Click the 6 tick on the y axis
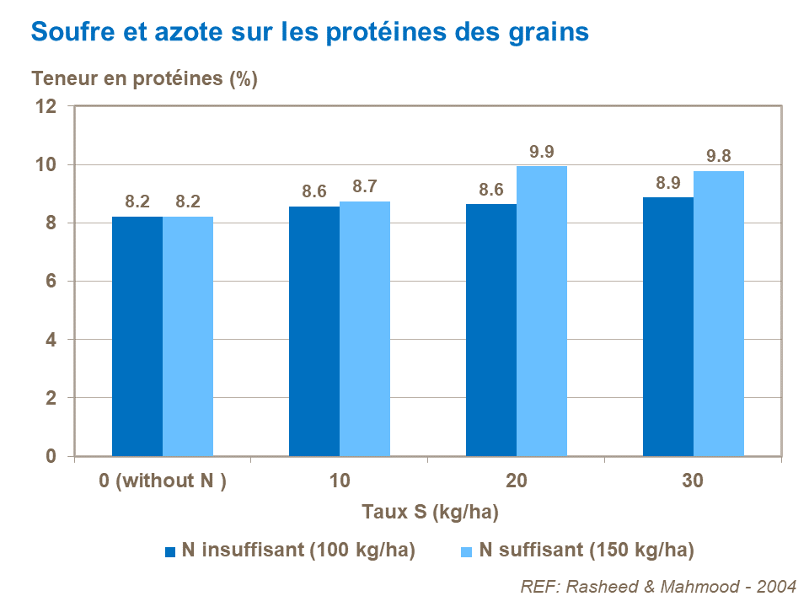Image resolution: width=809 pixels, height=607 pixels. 51,281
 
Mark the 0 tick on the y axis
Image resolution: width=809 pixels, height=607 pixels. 51,456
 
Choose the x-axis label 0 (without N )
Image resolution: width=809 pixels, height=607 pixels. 163,481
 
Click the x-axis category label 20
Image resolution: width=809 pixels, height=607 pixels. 517,481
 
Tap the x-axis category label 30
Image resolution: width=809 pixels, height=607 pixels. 693,481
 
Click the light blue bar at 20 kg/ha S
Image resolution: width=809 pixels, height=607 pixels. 541,311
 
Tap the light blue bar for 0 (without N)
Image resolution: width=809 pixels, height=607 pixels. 188,336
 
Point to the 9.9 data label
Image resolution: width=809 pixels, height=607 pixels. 541,152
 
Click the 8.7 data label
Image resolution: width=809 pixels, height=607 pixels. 365,187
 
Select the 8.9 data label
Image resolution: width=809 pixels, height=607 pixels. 667,183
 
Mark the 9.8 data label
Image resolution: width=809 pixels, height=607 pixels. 718,157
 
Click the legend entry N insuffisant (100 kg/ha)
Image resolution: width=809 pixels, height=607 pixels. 291,551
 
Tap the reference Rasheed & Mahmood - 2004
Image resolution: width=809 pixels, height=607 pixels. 659,586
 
